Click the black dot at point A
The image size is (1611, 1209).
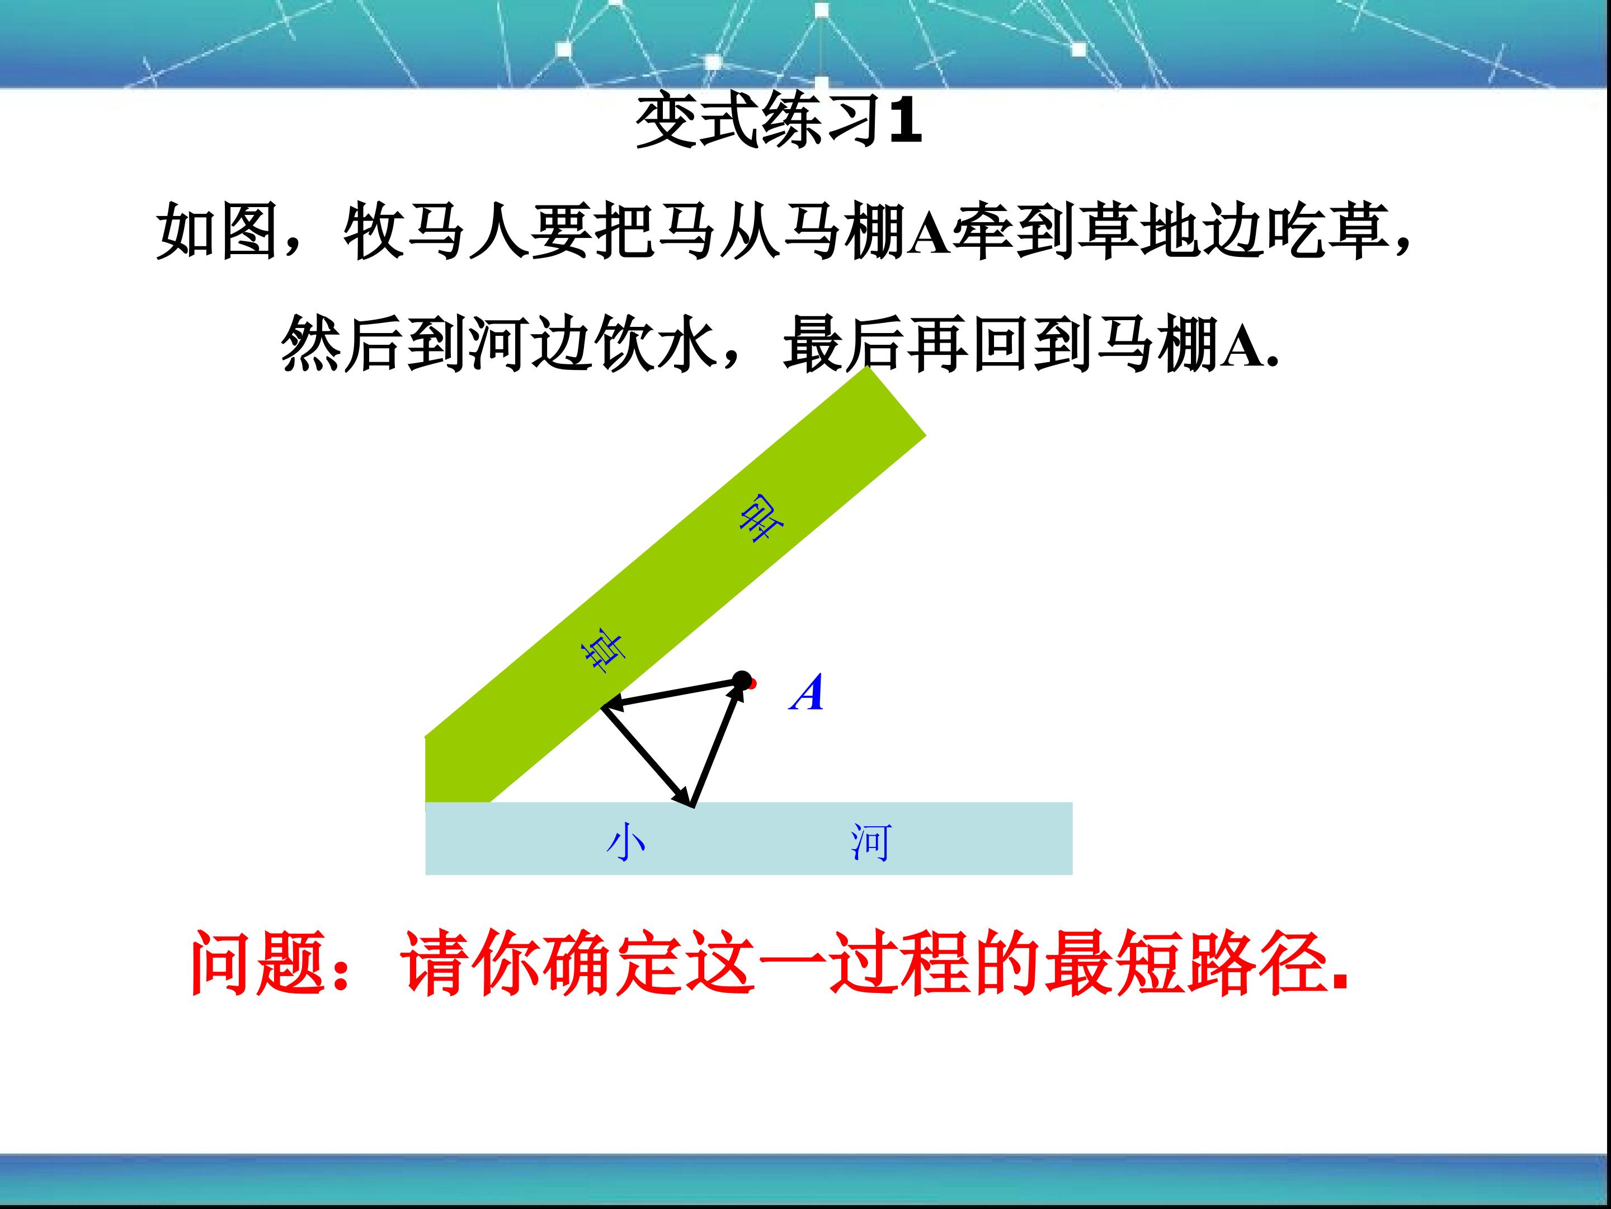[741, 681]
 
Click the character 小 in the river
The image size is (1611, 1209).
[625, 842]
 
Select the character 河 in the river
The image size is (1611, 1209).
[870, 842]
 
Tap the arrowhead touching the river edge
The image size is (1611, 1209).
[685, 796]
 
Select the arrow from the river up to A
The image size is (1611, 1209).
[717, 745]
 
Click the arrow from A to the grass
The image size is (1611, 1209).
[671, 693]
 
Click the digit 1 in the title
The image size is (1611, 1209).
[905, 120]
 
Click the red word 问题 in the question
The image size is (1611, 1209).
[258, 963]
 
